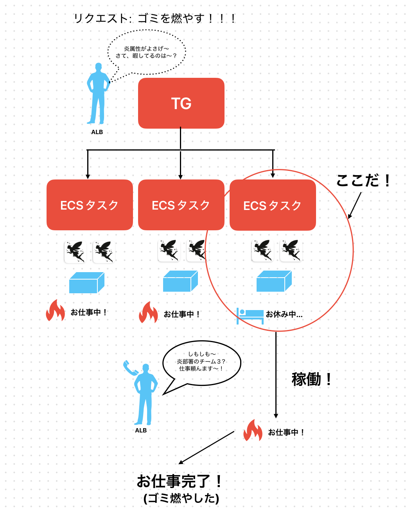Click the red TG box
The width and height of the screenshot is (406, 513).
pyautogui.click(x=181, y=103)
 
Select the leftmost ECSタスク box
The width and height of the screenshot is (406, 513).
pyautogui.click(x=90, y=205)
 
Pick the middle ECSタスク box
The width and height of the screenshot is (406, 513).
pyautogui.click(x=181, y=205)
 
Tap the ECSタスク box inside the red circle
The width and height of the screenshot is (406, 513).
pyautogui.click(x=273, y=205)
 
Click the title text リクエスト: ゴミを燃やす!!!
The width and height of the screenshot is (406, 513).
pyautogui.click(x=155, y=18)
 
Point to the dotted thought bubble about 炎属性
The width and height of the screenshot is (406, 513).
pyautogui.click(x=147, y=52)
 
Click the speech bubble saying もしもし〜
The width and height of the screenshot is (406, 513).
pyautogui.click(x=201, y=362)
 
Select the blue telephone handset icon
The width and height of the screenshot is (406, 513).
pyautogui.click(x=130, y=368)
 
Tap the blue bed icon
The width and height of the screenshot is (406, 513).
pyautogui.click(x=250, y=316)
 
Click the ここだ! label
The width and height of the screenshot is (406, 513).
pyautogui.click(x=363, y=181)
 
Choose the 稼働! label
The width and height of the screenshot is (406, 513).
pyautogui.click(x=312, y=379)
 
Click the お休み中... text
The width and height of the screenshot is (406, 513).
pyautogui.click(x=284, y=314)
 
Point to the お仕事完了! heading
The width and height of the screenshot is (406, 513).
pyautogui.click(x=180, y=481)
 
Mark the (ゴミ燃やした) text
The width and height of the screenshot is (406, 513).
pyautogui.click(x=181, y=498)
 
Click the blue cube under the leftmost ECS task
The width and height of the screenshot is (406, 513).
pyautogui.click(x=86, y=283)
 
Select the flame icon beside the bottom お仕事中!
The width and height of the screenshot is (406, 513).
pyautogui.click(x=253, y=430)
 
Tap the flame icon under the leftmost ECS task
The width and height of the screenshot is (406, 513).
pyautogui.click(x=55, y=310)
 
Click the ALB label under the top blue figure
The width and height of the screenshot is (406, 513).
pyautogui.click(x=97, y=132)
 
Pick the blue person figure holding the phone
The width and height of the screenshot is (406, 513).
pyautogui.click(x=146, y=395)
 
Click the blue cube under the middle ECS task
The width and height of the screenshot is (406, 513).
pyautogui.click(x=180, y=281)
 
